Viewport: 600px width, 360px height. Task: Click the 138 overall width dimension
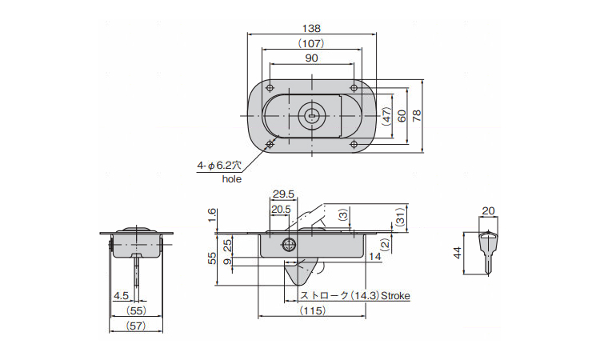[x=311, y=28]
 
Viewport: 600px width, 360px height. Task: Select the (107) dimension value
[x=311, y=43]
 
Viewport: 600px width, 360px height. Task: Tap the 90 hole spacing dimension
[x=311, y=58]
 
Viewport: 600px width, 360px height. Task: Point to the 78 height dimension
[x=417, y=115]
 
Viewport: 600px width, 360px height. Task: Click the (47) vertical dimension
[x=387, y=116]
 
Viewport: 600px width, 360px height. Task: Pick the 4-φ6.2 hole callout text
[x=219, y=166]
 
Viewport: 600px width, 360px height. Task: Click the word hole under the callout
[x=232, y=178]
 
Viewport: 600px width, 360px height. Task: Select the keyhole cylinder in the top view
[x=312, y=115]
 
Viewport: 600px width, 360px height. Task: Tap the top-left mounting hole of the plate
[x=270, y=88]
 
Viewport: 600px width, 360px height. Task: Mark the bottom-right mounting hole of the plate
[x=354, y=144]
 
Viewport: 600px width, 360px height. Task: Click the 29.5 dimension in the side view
[x=283, y=194]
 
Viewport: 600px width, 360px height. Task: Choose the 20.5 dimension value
[x=281, y=210]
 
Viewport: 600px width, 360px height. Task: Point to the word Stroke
[x=395, y=296]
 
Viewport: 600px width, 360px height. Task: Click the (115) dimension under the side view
[x=313, y=310]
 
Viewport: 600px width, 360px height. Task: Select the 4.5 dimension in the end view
[x=122, y=296]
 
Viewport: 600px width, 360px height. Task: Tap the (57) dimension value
[x=136, y=326]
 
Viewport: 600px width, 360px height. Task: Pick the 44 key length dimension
[x=458, y=253]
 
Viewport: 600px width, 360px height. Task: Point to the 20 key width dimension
[x=488, y=210]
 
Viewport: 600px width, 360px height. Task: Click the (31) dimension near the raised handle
[x=399, y=218]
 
